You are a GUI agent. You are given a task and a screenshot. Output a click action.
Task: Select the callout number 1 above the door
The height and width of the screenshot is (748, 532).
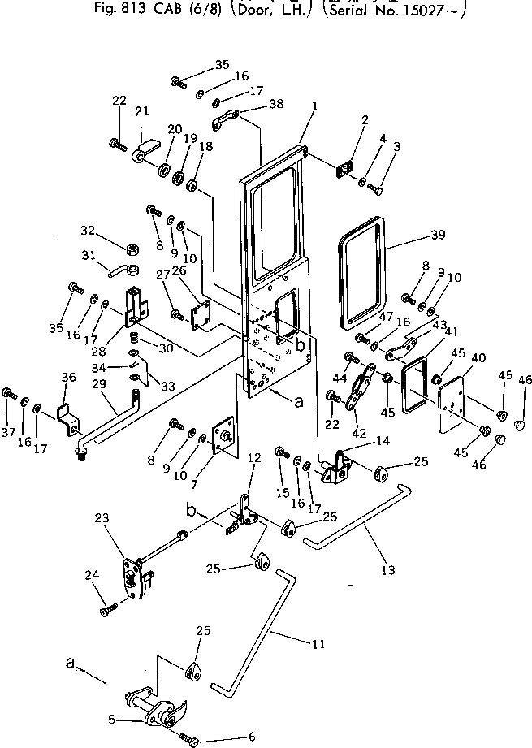[x=314, y=106]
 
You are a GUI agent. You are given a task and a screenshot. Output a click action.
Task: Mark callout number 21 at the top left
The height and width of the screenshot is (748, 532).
[x=143, y=111]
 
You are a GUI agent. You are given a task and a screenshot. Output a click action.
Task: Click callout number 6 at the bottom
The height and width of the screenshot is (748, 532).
[x=252, y=737]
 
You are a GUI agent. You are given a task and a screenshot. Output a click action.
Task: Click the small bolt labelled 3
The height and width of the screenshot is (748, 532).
[x=378, y=189]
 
